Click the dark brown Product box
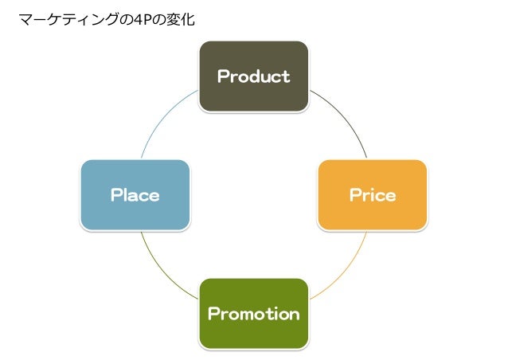click(x=253, y=76)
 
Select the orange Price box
click(x=372, y=195)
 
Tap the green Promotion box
click(x=253, y=313)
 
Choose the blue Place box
click(x=135, y=195)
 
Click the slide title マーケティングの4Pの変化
click(x=107, y=17)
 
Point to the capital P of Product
click(x=223, y=76)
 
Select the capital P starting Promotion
click(x=213, y=314)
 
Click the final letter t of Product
click(x=286, y=76)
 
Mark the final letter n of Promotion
click(x=294, y=314)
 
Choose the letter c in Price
click(x=379, y=195)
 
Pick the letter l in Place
click(x=127, y=195)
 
